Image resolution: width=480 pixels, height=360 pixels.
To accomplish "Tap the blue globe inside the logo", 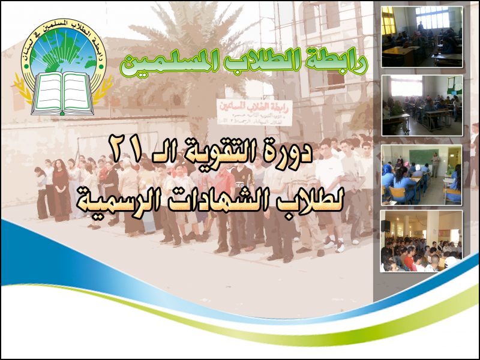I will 63,51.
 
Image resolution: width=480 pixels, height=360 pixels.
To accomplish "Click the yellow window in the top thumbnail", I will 388,24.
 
